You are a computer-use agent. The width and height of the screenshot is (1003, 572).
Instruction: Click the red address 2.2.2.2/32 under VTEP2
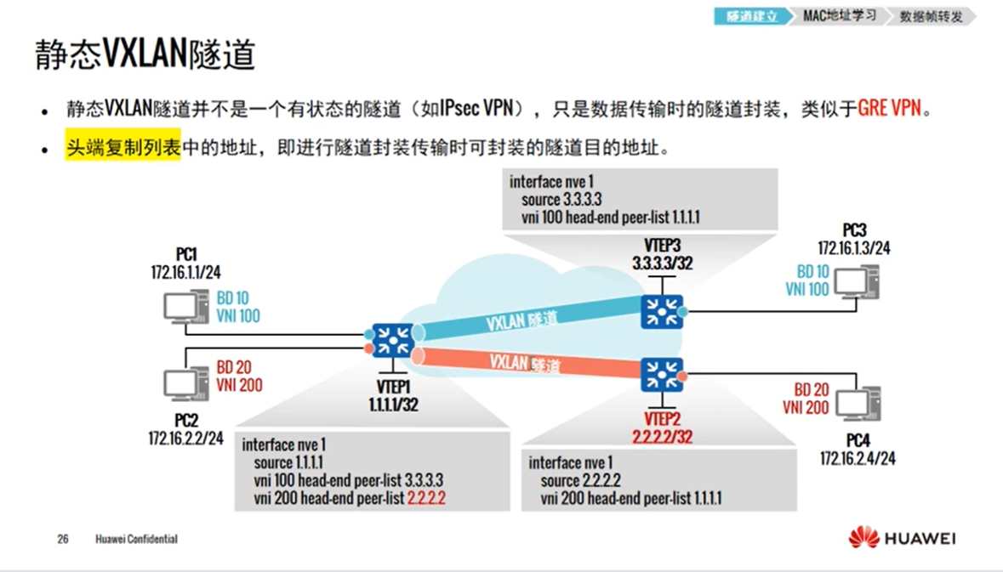pos(662,437)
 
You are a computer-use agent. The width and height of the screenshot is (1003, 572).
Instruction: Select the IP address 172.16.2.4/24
pos(858,458)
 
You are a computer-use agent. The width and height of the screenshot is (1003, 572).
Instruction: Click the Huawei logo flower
pos(863,537)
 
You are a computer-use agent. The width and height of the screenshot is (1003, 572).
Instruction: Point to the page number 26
pos(62,539)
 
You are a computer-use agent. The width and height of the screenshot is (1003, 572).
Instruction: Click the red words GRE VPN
pos(889,110)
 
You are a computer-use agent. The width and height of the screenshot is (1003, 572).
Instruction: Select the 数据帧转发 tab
pos(931,16)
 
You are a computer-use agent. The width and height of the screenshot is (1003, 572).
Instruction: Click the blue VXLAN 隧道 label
pos(522,321)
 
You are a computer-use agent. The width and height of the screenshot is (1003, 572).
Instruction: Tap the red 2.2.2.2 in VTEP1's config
pos(427,498)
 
